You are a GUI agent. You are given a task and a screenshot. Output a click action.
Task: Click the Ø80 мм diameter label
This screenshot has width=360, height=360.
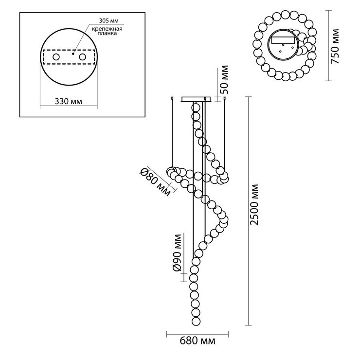[x=154, y=181]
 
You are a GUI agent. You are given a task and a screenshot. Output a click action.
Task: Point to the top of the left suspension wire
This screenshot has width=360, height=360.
[x=175, y=99]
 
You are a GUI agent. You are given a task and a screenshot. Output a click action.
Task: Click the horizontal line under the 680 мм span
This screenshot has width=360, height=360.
[x=198, y=334]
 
